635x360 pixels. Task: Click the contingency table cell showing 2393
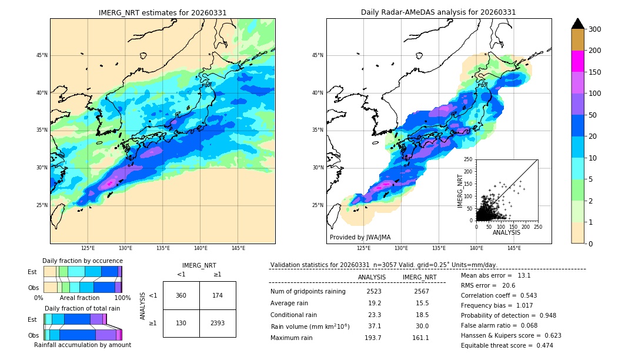(x=218, y=323)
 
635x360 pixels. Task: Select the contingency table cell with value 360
(x=181, y=295)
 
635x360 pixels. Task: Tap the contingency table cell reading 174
(x=218, y=295)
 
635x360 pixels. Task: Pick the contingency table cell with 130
(x=181, y=323)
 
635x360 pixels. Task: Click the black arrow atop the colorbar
(x=578, y=24)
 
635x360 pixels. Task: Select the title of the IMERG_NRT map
(x=162, y=12)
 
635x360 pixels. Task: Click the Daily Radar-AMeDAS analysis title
(x=439, y=12)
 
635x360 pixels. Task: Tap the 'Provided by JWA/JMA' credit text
(x=360, y=238)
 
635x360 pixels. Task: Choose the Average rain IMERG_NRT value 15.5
(x=419, y=303)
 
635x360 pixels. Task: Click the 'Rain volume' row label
(x=310, y=326)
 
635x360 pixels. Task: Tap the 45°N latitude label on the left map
(x=42, y=55)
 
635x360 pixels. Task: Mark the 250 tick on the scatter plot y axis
(x=469, y=159)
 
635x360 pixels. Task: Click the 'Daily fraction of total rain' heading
(x=82, y=308)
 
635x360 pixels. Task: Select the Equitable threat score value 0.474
(x=541, y=345)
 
